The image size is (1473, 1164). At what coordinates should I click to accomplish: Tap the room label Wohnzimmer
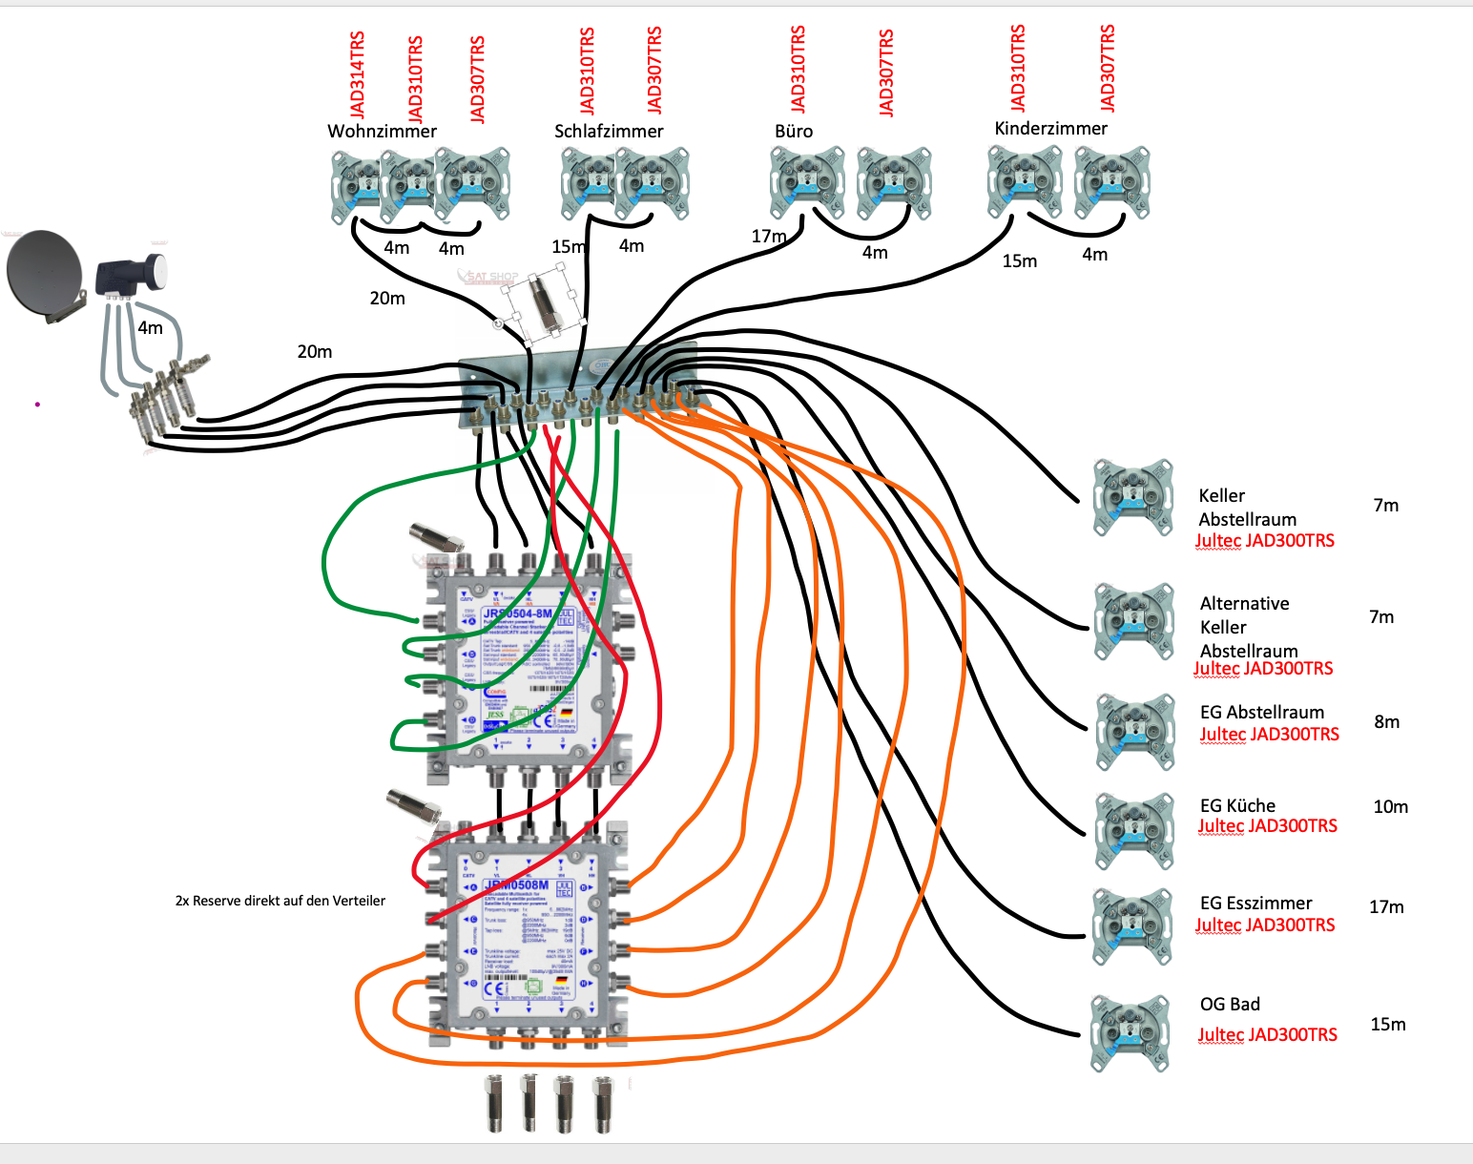382,132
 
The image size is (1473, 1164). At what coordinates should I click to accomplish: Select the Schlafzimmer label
609,132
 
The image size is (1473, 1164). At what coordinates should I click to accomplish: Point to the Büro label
794,132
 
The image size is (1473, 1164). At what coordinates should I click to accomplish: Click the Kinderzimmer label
1050,129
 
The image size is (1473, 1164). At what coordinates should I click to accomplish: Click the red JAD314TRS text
358,75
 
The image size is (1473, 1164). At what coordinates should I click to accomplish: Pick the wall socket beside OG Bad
1131,1032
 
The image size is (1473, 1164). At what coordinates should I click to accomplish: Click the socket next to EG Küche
1134,831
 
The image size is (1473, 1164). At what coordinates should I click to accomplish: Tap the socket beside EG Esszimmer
1132,926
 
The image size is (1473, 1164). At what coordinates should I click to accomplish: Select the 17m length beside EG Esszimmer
1386,907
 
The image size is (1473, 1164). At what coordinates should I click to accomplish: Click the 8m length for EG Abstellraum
1386,722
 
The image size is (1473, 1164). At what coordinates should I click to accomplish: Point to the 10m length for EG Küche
1390,807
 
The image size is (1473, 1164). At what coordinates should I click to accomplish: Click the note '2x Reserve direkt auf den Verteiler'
280,901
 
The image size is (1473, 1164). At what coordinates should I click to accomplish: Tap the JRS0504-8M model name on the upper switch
517,613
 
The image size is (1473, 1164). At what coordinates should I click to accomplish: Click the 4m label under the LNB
150,328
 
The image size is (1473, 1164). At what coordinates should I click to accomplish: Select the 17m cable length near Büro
768,237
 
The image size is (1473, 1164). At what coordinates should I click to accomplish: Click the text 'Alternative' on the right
1244,604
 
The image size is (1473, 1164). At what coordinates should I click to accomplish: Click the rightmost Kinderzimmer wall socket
1111,182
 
